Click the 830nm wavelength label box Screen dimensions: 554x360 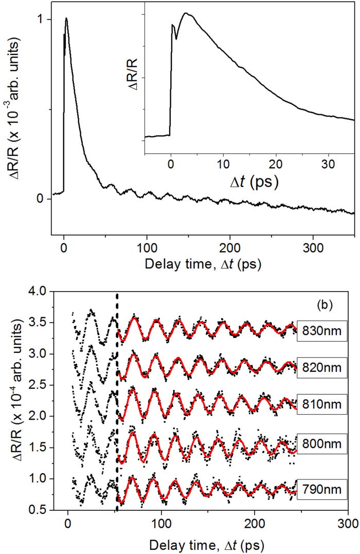coord(323,331)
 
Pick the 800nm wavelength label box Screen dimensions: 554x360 coord(323,442)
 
